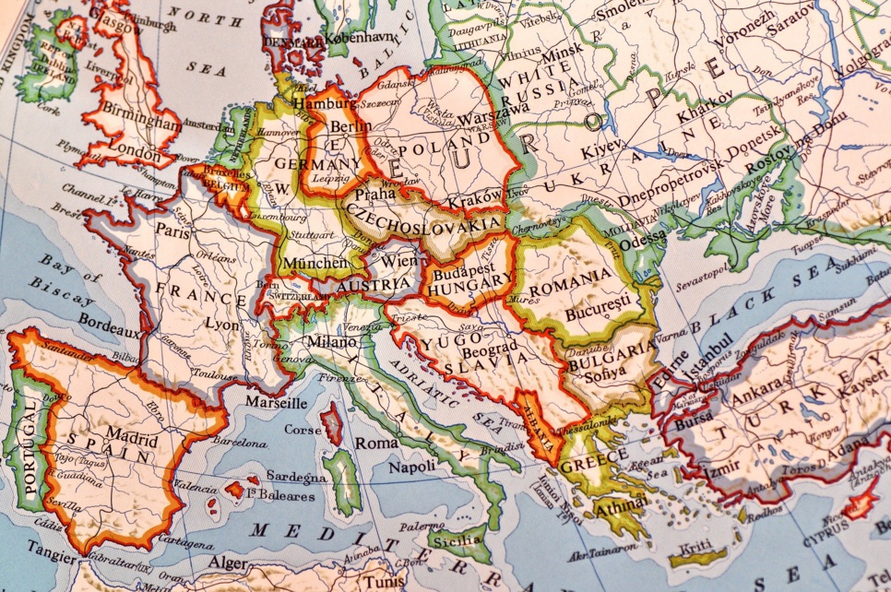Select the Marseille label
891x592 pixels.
click(277, 403)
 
